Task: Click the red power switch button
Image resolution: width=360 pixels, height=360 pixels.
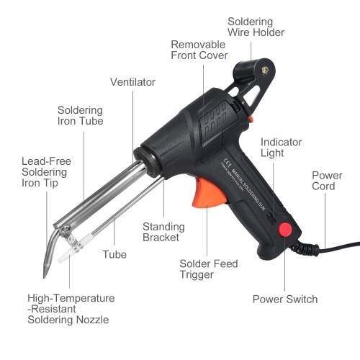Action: (x=285, y=229)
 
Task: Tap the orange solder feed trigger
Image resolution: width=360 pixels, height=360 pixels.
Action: (x=208, y=193)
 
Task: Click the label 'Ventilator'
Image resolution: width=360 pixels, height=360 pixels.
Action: (x=132, y=82)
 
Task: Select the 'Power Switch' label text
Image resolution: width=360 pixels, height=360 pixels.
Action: (x=285, y=300)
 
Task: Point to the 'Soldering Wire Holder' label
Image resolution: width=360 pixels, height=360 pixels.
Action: (x=256, y=27)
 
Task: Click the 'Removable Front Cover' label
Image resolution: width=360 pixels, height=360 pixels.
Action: (x=199, y=50)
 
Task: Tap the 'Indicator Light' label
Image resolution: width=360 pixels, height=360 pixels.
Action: (x=281, y=148)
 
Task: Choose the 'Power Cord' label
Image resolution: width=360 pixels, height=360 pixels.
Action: (x=327, y=181)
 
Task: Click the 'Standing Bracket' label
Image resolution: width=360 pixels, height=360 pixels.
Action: (x=163, y=232)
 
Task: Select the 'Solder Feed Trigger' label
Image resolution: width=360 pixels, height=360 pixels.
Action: (x=209, y=269)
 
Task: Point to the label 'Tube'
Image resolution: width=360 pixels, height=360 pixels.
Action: (x=114, y=254)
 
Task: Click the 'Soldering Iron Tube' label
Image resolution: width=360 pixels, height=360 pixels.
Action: (x=80, y=115)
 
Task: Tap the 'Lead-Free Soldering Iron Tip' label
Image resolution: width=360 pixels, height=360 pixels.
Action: (x=46, y=172)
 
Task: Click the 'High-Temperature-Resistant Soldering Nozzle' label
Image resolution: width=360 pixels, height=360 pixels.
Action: (x=71, y=309)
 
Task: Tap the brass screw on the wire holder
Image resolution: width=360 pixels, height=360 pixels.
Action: (x=265, y=71)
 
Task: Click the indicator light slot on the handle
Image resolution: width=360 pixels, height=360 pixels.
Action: (x=271, y=218)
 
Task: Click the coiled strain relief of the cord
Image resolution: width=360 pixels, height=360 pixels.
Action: (x=305, y=247)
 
